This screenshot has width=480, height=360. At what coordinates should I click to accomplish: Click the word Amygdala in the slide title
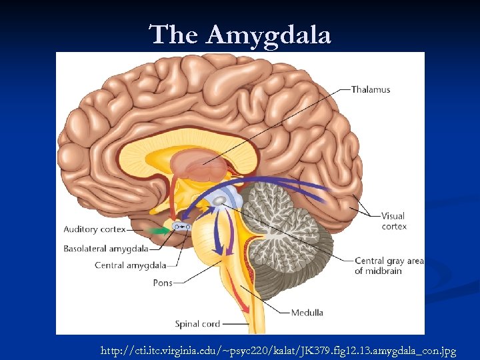pyautogui.click(x=269, y=35)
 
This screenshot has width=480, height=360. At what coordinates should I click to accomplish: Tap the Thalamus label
pyautogui.click(x=371, y=89)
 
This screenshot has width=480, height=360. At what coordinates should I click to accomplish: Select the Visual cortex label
pyautogui.click(x=393, y=221)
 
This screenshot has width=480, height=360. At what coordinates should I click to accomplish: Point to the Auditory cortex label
pyautogui.click(x=94, y=229)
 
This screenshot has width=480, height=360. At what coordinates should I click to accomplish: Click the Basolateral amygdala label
pyautogui.click(x=106, y=249)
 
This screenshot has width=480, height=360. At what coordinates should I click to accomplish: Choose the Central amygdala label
pyautogui.click(x=121, y=265)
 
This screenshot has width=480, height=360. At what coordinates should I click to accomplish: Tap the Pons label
pyautogui.click(x=163, y=283)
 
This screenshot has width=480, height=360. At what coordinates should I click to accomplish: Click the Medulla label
pyautogui.click(x=307, y=312)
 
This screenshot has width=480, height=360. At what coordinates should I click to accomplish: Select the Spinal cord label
pyautogui.click(x=197, y=324)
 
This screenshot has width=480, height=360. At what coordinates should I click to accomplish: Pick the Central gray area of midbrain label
pyautogui.click(x=389, y=265)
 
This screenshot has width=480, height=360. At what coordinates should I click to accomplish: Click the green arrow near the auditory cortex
pyautogui.click(x=158, y=230)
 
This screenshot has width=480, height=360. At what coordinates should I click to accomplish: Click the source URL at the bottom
pyautogui.click(x=278, y=350)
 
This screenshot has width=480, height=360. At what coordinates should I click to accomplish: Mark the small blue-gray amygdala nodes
pyautogui.click(x=182, y=227)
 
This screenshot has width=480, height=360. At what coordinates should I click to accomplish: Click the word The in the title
pyautogui.click(x=175, y=35)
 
